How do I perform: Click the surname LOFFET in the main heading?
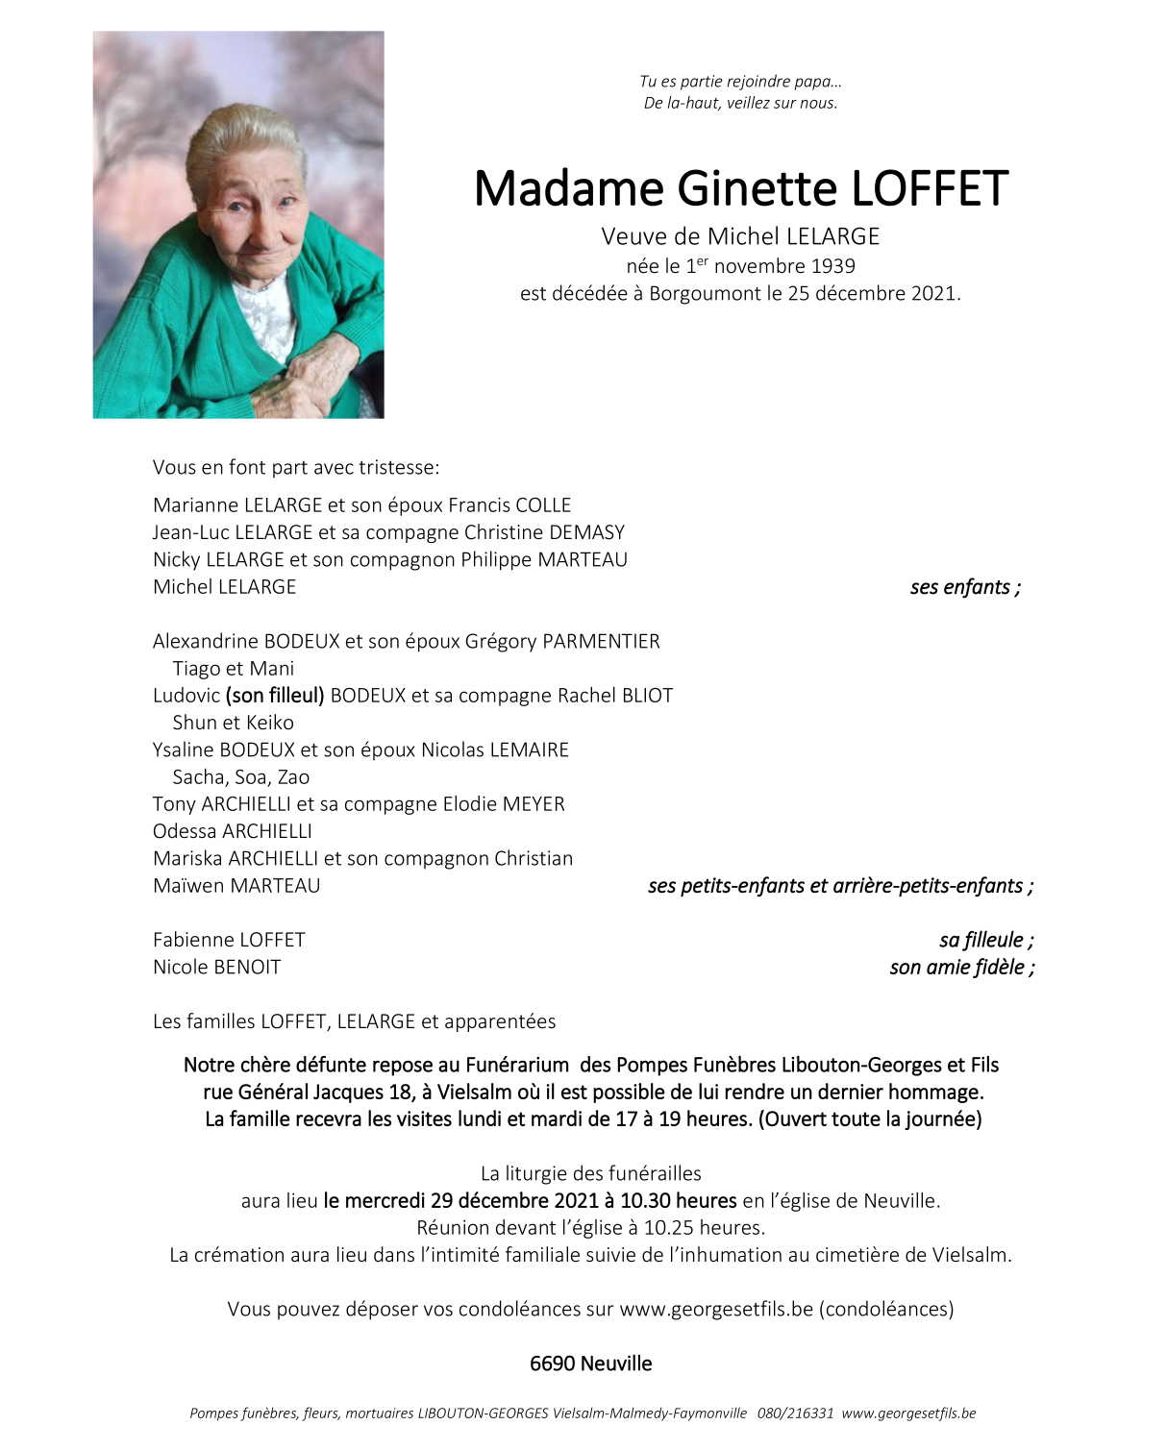pos(930,188)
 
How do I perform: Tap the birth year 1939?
pos(832,266)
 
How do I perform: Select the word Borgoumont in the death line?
pos(706,293)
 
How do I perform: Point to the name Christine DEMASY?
pos(544,532)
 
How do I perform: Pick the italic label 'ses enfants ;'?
pos(965,587)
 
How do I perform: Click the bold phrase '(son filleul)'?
pos(275,696)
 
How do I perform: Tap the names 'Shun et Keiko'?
pos(233,723)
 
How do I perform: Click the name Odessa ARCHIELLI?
pos(233,831)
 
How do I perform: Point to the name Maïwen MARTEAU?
pos(236,886)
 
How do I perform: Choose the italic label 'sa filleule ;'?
pos(986,940)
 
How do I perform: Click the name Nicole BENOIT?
pos(217,968)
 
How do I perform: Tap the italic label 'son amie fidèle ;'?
pos(961,968)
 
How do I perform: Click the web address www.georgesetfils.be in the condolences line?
pos(716,1309)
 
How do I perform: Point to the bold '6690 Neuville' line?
pos(590,1364)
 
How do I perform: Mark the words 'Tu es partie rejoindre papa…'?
pos(740,83)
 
